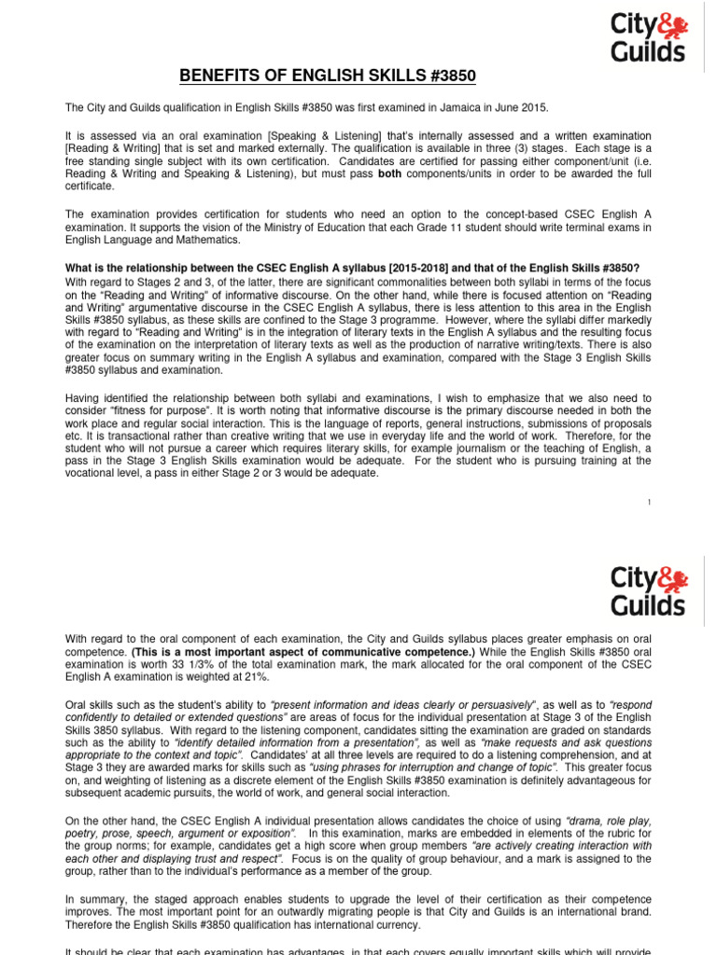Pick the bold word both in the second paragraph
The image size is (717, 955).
pyautogui.click(x=390, y=174)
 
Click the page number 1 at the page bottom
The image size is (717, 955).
pyautogui.click(x=649, y=503)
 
